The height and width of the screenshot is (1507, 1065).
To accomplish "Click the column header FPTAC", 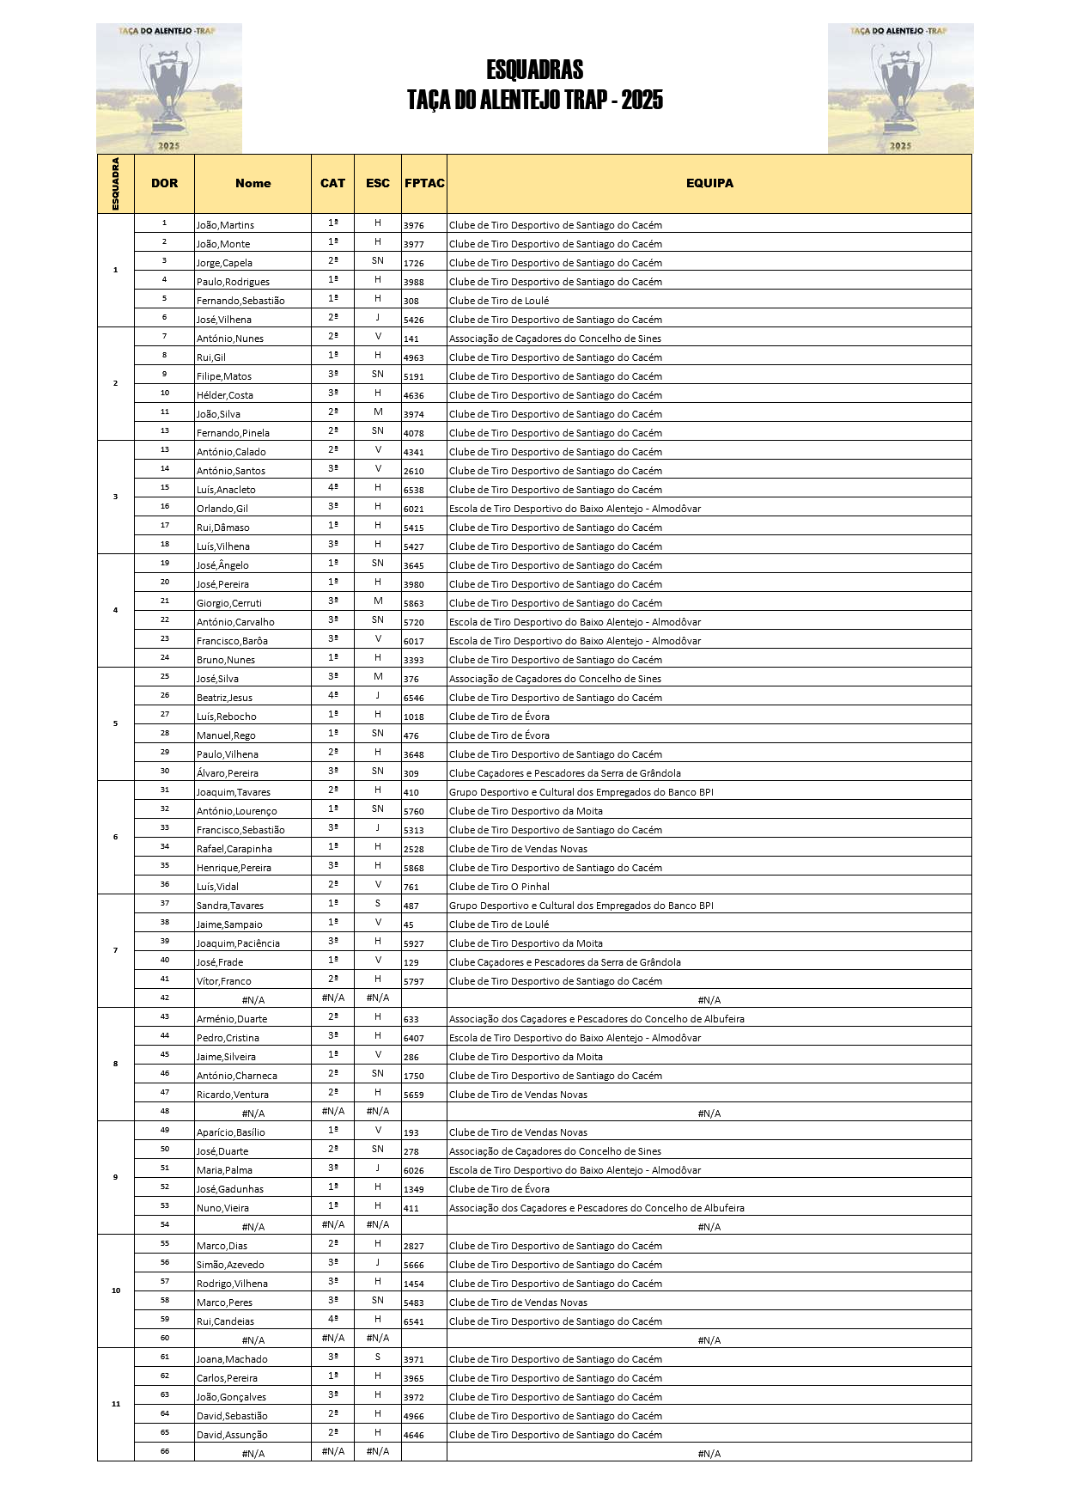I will [x=424, y=183].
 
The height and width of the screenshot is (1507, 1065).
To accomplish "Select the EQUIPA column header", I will [x=709, y=183].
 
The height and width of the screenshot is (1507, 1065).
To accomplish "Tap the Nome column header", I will [x=253, y=183].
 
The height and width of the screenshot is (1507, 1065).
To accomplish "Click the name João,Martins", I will [x=225, y=225].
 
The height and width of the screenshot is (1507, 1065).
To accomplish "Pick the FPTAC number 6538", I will [x=414, y=490].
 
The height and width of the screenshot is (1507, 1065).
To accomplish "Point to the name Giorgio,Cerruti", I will [x=229, y=603].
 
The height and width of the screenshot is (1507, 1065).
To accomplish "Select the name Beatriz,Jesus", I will [x=224, y=698].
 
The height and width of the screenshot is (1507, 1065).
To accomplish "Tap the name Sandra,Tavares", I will [x=230, y=906].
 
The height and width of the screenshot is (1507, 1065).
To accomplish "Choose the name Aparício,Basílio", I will [x=231, y=1132].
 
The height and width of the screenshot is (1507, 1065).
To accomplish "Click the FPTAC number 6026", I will [x=414, y=1170].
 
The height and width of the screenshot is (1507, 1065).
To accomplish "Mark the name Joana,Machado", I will [x=232, y=1359].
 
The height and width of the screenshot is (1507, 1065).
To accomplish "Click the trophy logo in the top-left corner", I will [x=169, y=88].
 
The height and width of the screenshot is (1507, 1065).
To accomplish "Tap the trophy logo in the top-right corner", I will [x=900, y=88].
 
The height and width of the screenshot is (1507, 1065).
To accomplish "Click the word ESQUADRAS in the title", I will [x=534, y=70].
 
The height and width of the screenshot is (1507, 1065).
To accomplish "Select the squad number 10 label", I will [x=116, y=1290].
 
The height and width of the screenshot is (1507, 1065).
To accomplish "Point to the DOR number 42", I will [x=165, y=998].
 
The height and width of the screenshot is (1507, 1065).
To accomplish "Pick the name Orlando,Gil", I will [x=222, y=509].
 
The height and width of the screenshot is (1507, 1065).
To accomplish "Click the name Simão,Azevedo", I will [x=230, y=1265].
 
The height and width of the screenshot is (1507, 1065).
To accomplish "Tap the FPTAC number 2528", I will [x=414, y=849].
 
